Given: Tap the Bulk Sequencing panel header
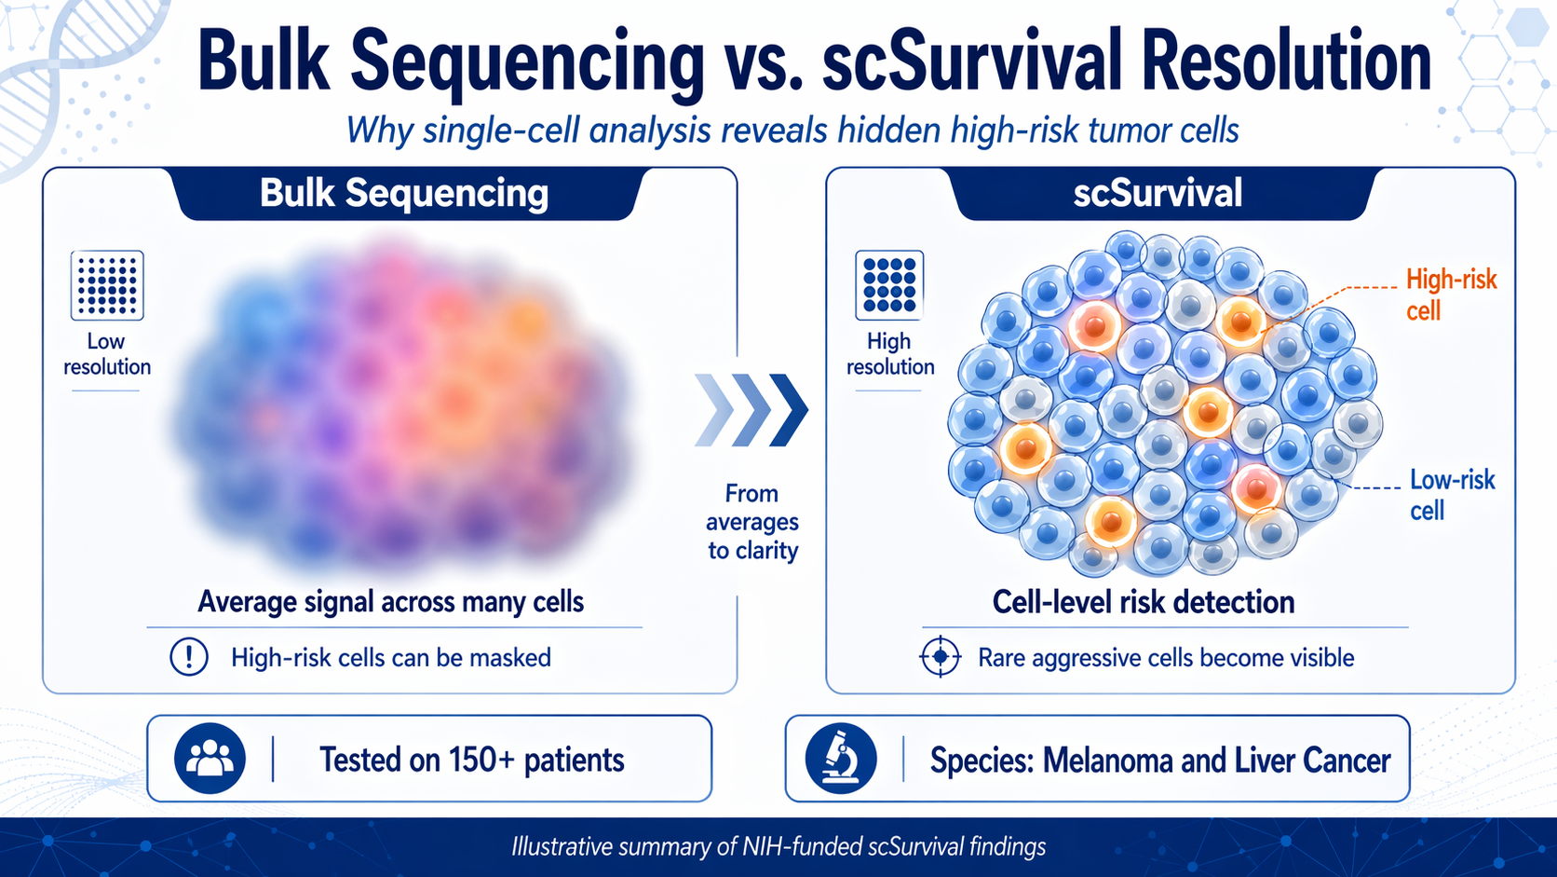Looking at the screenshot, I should coord(404,194).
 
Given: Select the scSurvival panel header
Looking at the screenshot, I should coord(1158,194).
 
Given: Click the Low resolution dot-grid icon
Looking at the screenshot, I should coord(107,285).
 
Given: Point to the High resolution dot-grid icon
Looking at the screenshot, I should coord(889,285).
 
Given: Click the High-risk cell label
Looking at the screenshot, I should coord(1450,295).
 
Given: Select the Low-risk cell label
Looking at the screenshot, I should coord(1451,495).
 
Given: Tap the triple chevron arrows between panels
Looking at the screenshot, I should coord(751,410).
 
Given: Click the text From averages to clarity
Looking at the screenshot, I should coord(752,522).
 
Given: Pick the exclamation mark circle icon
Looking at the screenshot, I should coord(189,657).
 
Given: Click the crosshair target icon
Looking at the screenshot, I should coord(940,657).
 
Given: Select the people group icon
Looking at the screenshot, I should coord(210,759).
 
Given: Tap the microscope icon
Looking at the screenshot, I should coord(841,759).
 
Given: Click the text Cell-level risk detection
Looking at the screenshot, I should coord(1143,602).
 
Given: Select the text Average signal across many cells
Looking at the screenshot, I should coord(390,602).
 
